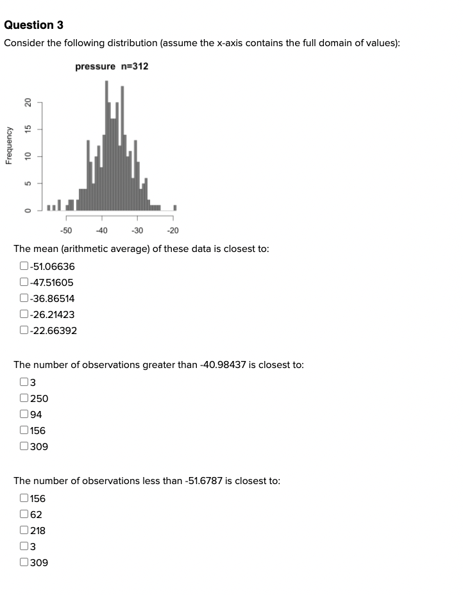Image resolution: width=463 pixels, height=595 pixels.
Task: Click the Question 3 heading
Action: tap(33, 25)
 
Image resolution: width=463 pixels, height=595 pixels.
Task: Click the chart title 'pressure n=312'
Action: tap(112, 66)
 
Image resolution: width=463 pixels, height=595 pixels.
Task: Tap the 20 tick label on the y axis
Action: tap(28, 103)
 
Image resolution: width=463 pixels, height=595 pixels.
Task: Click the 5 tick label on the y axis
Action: tap(28, 183)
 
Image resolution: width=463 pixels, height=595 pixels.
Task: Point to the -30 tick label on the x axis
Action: tap(137, 231)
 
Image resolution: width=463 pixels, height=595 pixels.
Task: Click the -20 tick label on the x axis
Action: tap(172, 231)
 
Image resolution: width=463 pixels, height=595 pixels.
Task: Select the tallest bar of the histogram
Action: tap(107, 146)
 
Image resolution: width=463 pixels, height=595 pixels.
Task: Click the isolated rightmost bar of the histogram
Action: tap(175, 207)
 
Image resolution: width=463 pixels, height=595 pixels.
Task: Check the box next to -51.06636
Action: tap(24, 266)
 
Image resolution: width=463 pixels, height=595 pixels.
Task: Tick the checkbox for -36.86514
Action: tap(24, 298)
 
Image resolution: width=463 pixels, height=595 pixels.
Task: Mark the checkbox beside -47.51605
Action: tap(24, 282)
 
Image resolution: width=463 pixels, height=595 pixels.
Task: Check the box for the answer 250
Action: tap(24, 398)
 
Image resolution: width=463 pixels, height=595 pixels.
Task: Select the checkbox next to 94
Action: tap(24, 414)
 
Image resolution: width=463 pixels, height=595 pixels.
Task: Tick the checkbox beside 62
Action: tap(24, 514)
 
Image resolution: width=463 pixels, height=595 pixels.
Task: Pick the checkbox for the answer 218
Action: tap(24, 530)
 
